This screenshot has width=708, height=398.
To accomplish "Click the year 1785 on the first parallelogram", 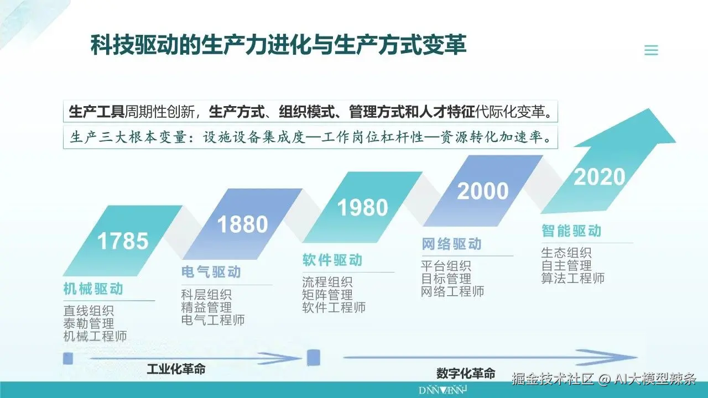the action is coord(123,241).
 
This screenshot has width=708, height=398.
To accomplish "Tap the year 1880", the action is coord(242,224).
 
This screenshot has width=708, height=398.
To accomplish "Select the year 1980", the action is coord(362,207).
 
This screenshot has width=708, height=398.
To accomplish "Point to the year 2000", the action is coord(483,191).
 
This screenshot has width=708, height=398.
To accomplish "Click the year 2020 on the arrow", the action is coord(600,177).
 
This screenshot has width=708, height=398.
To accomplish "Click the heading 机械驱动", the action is coord(93,289).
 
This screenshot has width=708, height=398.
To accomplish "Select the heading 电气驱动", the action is coord(211,272).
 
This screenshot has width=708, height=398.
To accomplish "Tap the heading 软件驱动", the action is coord(332,260).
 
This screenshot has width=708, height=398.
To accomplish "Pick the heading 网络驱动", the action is coord(452,244).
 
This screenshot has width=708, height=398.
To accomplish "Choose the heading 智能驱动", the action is coord(571,231).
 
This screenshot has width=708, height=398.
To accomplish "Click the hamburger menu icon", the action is coord(651,50).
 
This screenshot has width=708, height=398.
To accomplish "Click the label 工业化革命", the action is coord(176,369).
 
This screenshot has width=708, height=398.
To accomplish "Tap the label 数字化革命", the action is coord(466,373).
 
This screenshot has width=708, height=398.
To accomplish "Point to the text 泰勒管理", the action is coord(89,323).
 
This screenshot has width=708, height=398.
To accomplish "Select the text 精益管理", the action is coord(206,307).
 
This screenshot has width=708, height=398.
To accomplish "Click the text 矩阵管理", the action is coord(327,295).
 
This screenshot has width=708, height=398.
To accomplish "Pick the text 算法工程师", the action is coord(572,278).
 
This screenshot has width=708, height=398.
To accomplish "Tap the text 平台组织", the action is coord(446,266).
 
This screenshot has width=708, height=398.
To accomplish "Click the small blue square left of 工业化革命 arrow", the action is coord(68,359).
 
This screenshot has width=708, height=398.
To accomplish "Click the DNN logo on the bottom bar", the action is coord(443,390).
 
